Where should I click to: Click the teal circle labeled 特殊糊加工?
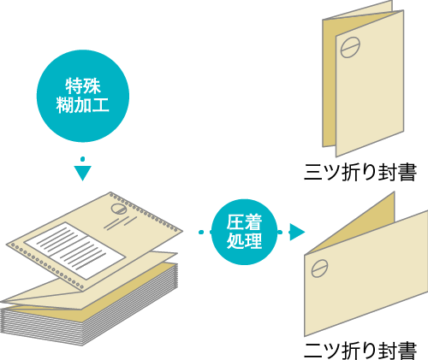click(83, 96)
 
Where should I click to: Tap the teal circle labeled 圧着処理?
click(244, 232)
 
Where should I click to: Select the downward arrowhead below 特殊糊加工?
click(82, 173)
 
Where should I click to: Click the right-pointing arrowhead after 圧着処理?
click(297, 232)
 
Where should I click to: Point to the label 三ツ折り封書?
click(360, 172)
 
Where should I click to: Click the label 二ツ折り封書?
click(360, 351)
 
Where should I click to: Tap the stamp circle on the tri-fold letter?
click(350, 47)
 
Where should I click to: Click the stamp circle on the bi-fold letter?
click(319, 269)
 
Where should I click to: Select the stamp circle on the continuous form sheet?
click(119, 209)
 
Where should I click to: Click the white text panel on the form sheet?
click(74, 251)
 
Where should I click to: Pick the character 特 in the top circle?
click(74, 86)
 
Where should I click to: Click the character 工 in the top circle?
click(100, 105)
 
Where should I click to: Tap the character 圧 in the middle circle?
click(235, 222)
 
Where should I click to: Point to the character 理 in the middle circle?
click(253, 241)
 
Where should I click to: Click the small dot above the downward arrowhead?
click(82, 159)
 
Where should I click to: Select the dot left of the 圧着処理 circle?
click(201, 233)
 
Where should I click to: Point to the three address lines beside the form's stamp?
click(121, 223)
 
